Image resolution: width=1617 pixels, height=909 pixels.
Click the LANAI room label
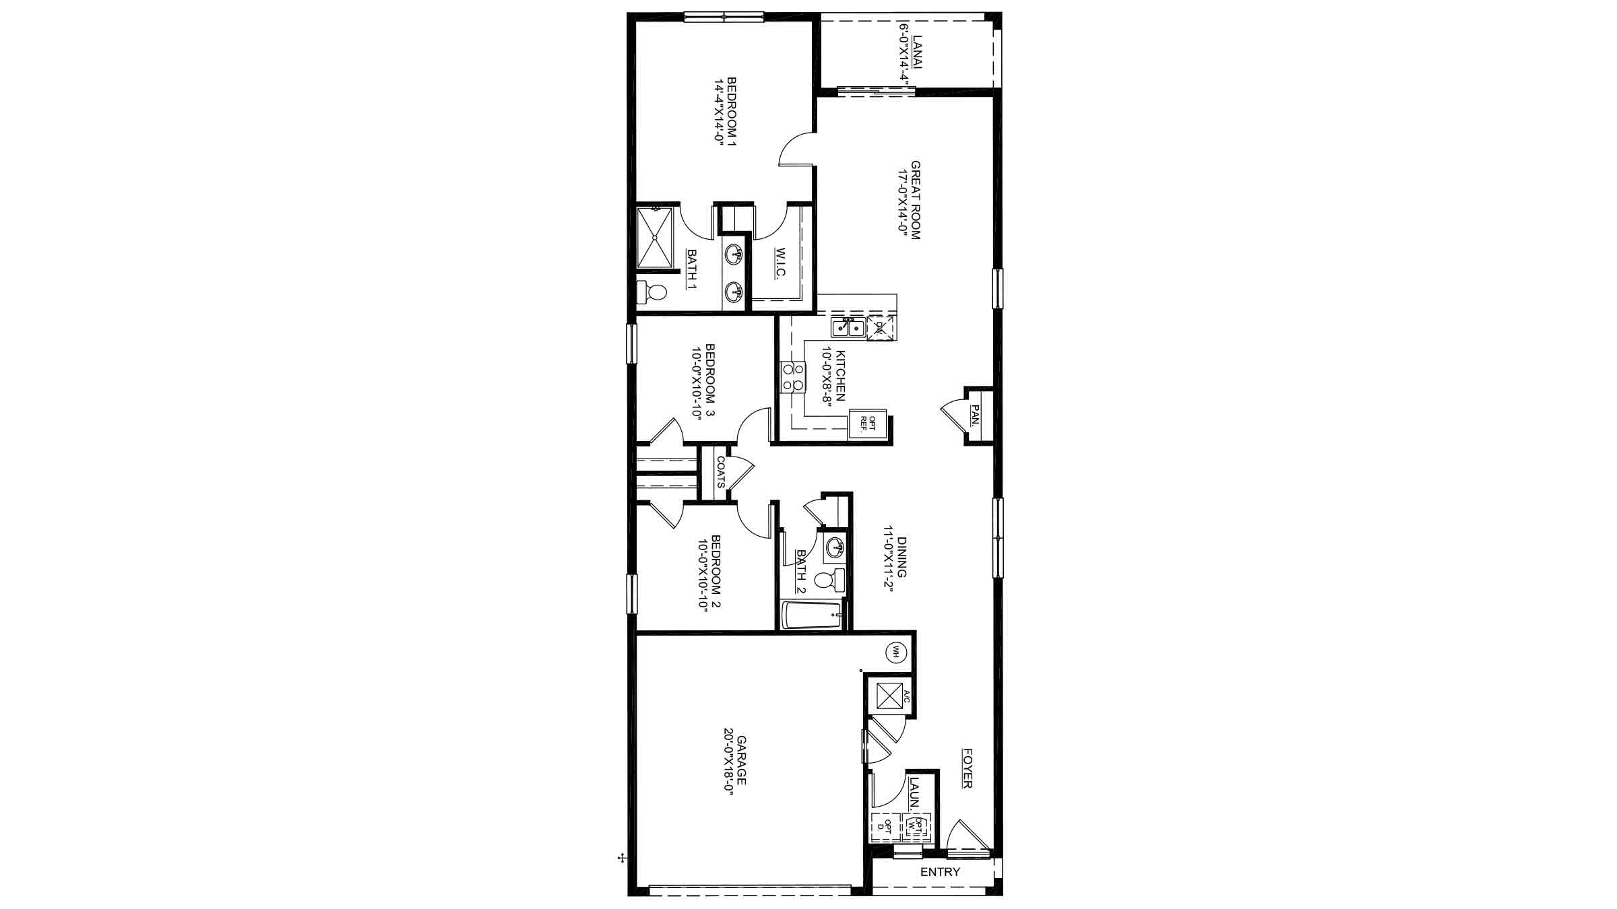click(916, 54)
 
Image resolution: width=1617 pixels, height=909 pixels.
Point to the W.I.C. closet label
click(780, 265)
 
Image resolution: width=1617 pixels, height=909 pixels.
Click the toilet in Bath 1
click(651, 292)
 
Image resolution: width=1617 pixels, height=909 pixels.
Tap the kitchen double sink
click(848, 328)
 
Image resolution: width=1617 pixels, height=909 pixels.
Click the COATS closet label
click(720, 472)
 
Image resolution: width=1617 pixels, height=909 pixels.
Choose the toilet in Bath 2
click(829, 580)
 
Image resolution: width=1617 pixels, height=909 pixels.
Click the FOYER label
click(968, 768)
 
